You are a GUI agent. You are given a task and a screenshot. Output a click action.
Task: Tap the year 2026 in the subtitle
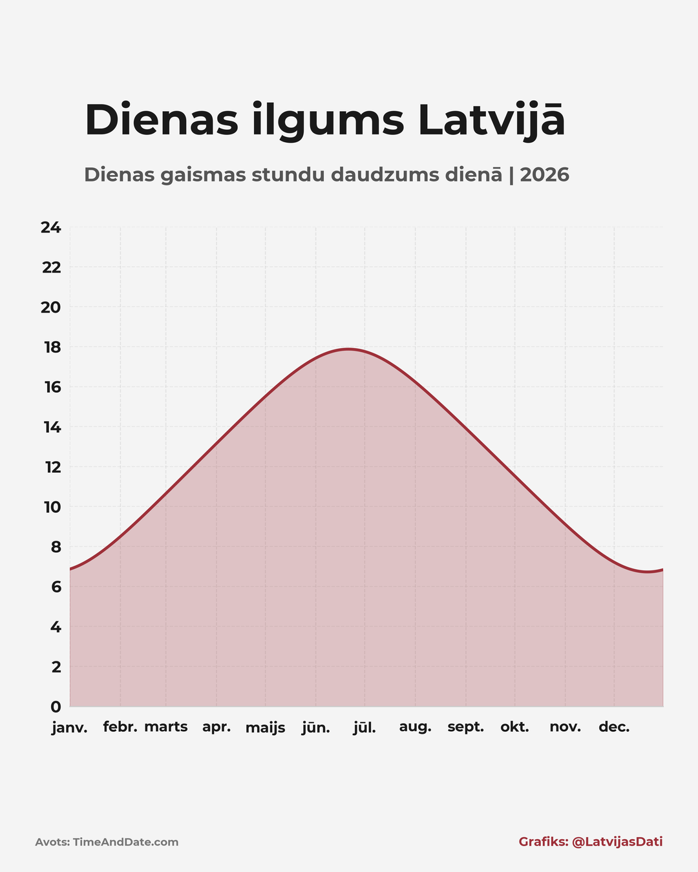pos(544,174)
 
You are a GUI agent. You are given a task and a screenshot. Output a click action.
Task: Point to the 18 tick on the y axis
pos(52,348)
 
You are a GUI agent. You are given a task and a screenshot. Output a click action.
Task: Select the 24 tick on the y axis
pos(51,227)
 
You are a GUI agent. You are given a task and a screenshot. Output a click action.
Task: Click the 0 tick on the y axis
pos(56,707)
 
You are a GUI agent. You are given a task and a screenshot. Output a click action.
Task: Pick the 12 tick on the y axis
pos(52,467)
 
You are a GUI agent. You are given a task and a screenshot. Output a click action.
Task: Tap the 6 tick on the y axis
pos(56,587)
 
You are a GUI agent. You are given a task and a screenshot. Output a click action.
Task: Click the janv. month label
pos(70,728)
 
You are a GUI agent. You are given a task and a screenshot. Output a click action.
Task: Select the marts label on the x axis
pos(166,727)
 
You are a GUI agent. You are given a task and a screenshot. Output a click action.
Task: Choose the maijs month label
pos(265,728)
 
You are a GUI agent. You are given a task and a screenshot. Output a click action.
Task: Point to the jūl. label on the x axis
pos(365,728)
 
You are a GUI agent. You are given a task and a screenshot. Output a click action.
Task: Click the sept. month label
pos(465,727)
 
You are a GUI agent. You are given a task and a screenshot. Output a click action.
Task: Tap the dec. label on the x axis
pos(614,727)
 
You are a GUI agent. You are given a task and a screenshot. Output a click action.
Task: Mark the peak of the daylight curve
pos(348,349)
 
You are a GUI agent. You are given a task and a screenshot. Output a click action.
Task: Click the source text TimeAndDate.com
pos(125,842)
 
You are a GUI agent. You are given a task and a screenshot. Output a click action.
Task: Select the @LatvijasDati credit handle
pos(617,842)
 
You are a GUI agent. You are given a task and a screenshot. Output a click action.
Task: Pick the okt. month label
pos(514,727)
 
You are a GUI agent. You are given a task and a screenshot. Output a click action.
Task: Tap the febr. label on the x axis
pos(120,727)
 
